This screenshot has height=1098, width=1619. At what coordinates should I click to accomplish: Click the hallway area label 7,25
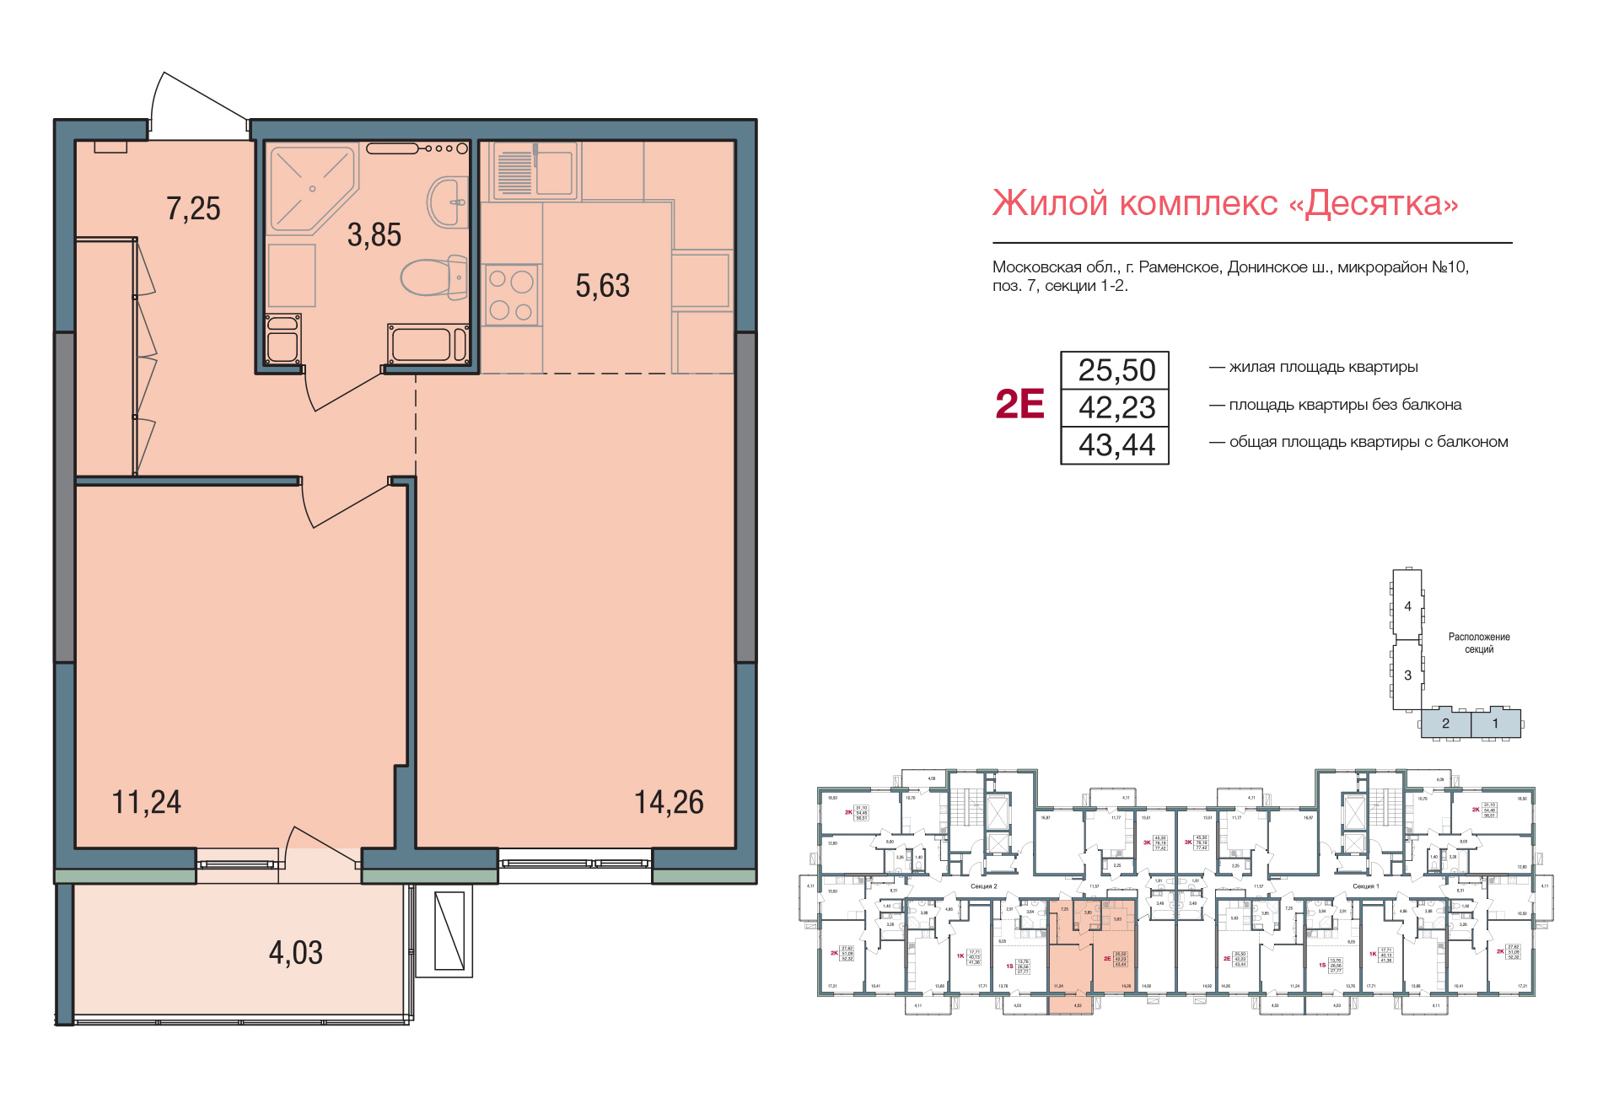point(193,208)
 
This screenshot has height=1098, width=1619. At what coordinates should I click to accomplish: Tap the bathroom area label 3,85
point(374,235)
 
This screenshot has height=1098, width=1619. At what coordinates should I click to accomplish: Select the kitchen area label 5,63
point(602,286)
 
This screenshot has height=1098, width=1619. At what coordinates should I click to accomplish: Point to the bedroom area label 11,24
point(146,802)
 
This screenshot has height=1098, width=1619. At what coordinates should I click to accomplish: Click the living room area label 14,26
point(669,802)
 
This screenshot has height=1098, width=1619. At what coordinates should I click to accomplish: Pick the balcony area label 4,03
point(295,953)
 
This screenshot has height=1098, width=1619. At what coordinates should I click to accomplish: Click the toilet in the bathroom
point(433,277)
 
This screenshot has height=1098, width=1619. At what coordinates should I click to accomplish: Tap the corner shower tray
point(308,187)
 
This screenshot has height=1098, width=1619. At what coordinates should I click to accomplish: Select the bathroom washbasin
point(448,202)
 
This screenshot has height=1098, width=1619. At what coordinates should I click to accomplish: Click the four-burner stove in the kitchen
point(511,295)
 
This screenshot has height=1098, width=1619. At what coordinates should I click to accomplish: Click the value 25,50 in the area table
point(1116,370)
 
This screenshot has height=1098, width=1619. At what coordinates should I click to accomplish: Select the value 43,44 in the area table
point(1116,445)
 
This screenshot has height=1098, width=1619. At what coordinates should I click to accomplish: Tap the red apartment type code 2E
point(1019,404)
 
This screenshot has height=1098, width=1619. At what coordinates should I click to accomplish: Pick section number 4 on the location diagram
point(1407,606)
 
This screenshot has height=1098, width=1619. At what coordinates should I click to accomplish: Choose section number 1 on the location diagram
point(1495,724)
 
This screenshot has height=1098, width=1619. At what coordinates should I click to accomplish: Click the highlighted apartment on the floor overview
point(1092,953)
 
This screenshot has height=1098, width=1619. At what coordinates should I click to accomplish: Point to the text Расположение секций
point(1478,643)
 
